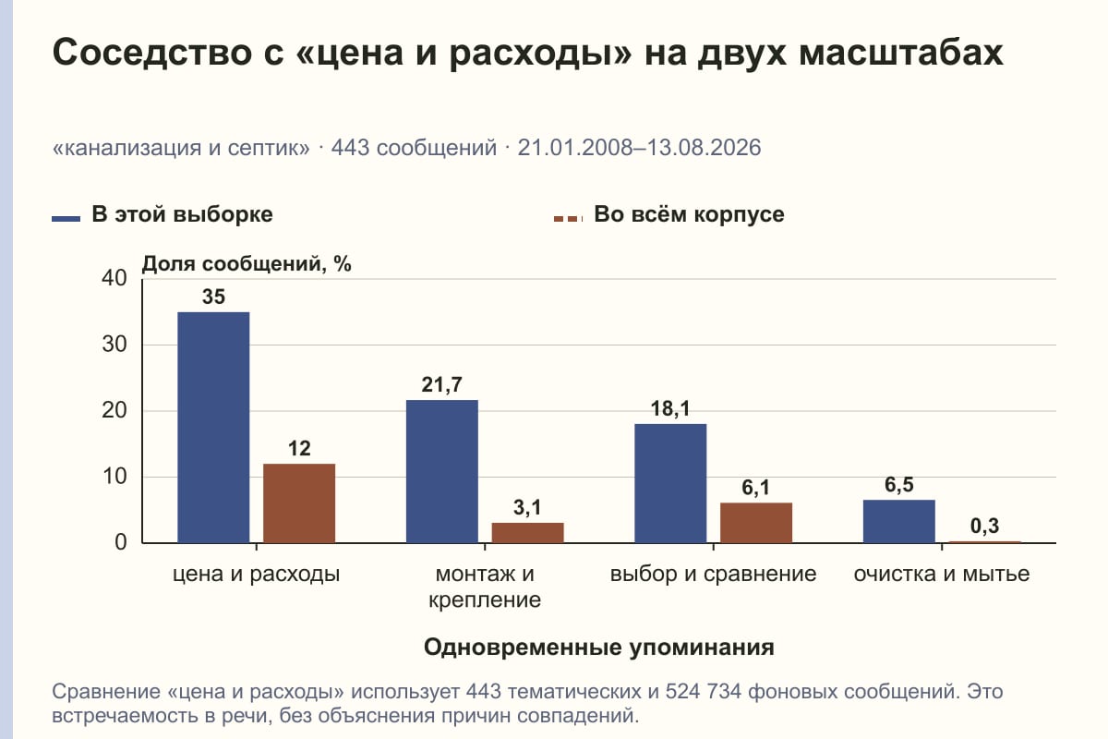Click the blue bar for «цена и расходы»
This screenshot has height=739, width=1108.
click(213, 428)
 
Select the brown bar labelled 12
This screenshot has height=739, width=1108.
click(299, 503)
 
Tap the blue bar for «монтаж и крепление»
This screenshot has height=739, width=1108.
click(442, 471)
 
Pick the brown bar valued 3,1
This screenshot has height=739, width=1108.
click(527, 533)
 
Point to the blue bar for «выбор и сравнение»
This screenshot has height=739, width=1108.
click(670, 483)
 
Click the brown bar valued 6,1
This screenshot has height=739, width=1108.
click(756, 523)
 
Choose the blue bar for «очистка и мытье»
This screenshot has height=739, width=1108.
click(899, 521)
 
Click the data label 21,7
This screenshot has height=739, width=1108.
click(441, 384)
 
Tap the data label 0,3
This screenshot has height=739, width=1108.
click(984, 526)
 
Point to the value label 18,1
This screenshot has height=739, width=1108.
click(670, 408)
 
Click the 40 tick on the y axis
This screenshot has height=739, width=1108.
click(114, 278)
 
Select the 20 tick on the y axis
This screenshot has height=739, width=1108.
click(114, 410)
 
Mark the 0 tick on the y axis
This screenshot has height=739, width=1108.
click(121, 542)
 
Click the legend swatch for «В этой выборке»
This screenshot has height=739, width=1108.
click(66, 219)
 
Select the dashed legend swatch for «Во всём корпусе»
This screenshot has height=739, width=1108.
click(569, 219)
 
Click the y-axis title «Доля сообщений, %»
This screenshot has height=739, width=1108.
click(247, 264)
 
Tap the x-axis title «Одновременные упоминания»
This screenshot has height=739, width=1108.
click(599, 647)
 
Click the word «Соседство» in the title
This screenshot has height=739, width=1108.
click(152, 53)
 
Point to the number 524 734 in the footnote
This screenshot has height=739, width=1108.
click(703, 692)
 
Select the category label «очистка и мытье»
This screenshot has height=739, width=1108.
click(942, 575)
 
